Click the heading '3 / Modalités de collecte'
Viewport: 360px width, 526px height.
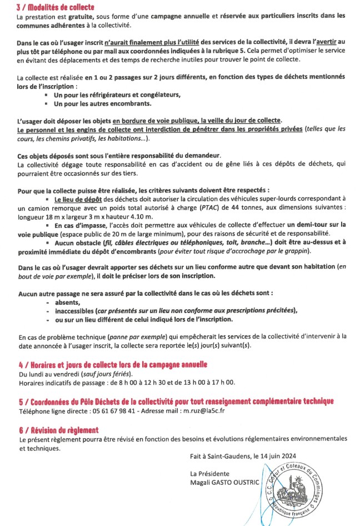56,8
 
